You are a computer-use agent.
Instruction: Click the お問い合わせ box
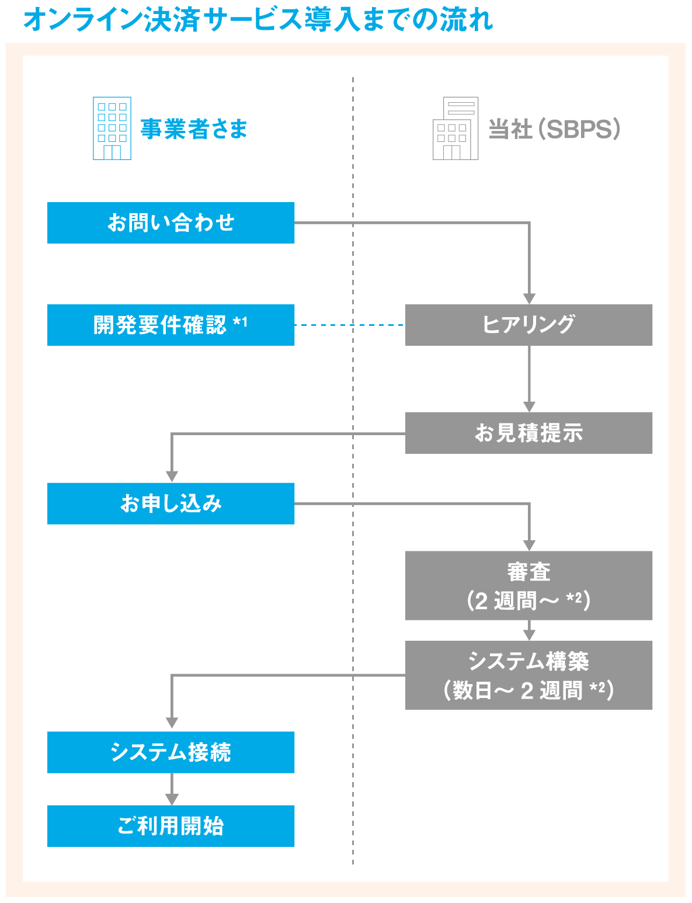click(x=171, y=223)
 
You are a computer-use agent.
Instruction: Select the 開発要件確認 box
click(x=171, y=325)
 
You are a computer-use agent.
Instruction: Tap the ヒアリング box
click(x=528, y=325)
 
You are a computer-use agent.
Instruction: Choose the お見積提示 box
click(x=528, y=433)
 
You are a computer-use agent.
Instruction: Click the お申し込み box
click(x=171, y=503)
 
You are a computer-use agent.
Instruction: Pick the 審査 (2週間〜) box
click(x=528, y=585)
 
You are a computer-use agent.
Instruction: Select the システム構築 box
click(x=528, y=675)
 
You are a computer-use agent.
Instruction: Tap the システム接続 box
click(x=171, y=752)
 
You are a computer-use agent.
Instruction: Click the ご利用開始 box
click(x=171, y=826)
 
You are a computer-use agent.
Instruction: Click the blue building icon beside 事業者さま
click(x=112, y=128)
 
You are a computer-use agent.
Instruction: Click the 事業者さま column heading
click(x=194, y=129)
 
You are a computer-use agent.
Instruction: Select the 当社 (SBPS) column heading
click(x=554, y=129)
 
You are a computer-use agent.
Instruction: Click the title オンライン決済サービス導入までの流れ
click(x=258, y=19)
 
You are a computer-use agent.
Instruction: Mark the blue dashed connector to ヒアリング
click(x=349, y=325)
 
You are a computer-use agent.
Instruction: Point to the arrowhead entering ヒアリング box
click(x=529, y=298)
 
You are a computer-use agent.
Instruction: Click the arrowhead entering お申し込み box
click(x=172, y=477)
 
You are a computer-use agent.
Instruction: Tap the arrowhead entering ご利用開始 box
click(x=172, y=799)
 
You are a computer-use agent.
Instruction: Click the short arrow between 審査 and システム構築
click(x=529, y=631)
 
